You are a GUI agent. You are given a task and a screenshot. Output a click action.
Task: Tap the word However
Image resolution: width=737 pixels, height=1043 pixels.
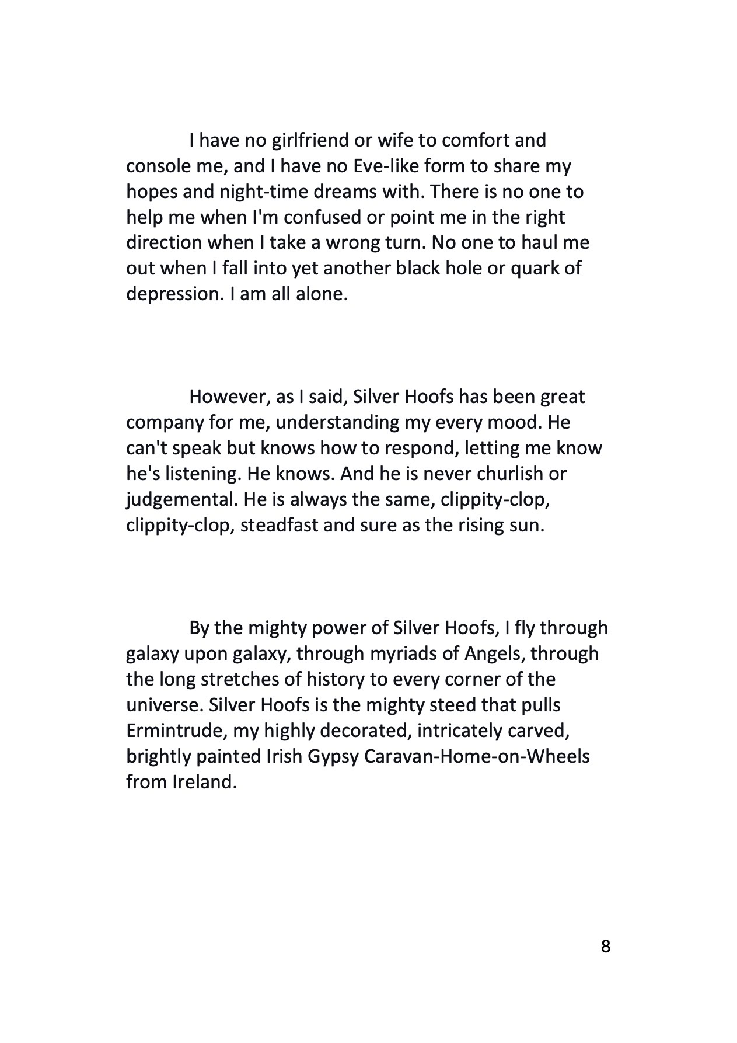(x=228, y=397)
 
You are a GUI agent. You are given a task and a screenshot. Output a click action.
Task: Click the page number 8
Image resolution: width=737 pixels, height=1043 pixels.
(x=605, y=945)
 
